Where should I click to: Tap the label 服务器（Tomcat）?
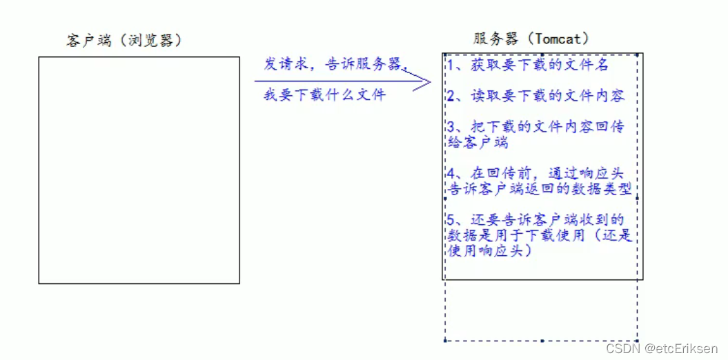[x=531, y=39]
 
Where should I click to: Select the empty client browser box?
[x=139, y=170]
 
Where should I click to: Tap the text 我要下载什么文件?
[x=324, y=95]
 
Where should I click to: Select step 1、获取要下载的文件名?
[x=528, y=66]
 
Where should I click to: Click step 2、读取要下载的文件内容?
[x=535, y=96]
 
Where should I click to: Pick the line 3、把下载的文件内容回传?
[x=535, y=128]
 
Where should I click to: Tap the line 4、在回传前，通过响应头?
[x=535, y=174]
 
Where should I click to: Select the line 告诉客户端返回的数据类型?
[x=540, y=188]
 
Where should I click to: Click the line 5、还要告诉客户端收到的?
[x=535, y=220]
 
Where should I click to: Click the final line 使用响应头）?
[x=489, y=251]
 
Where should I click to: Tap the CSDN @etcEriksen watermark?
[x=662, y=349]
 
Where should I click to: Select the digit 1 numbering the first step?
[x=451, y=66]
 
